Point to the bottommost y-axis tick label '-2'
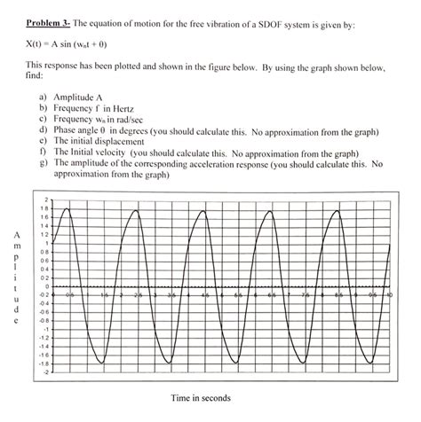(44, 372)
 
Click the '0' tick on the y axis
(45, 286)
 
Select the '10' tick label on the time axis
(388, 293)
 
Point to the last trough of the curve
(369, 363)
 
